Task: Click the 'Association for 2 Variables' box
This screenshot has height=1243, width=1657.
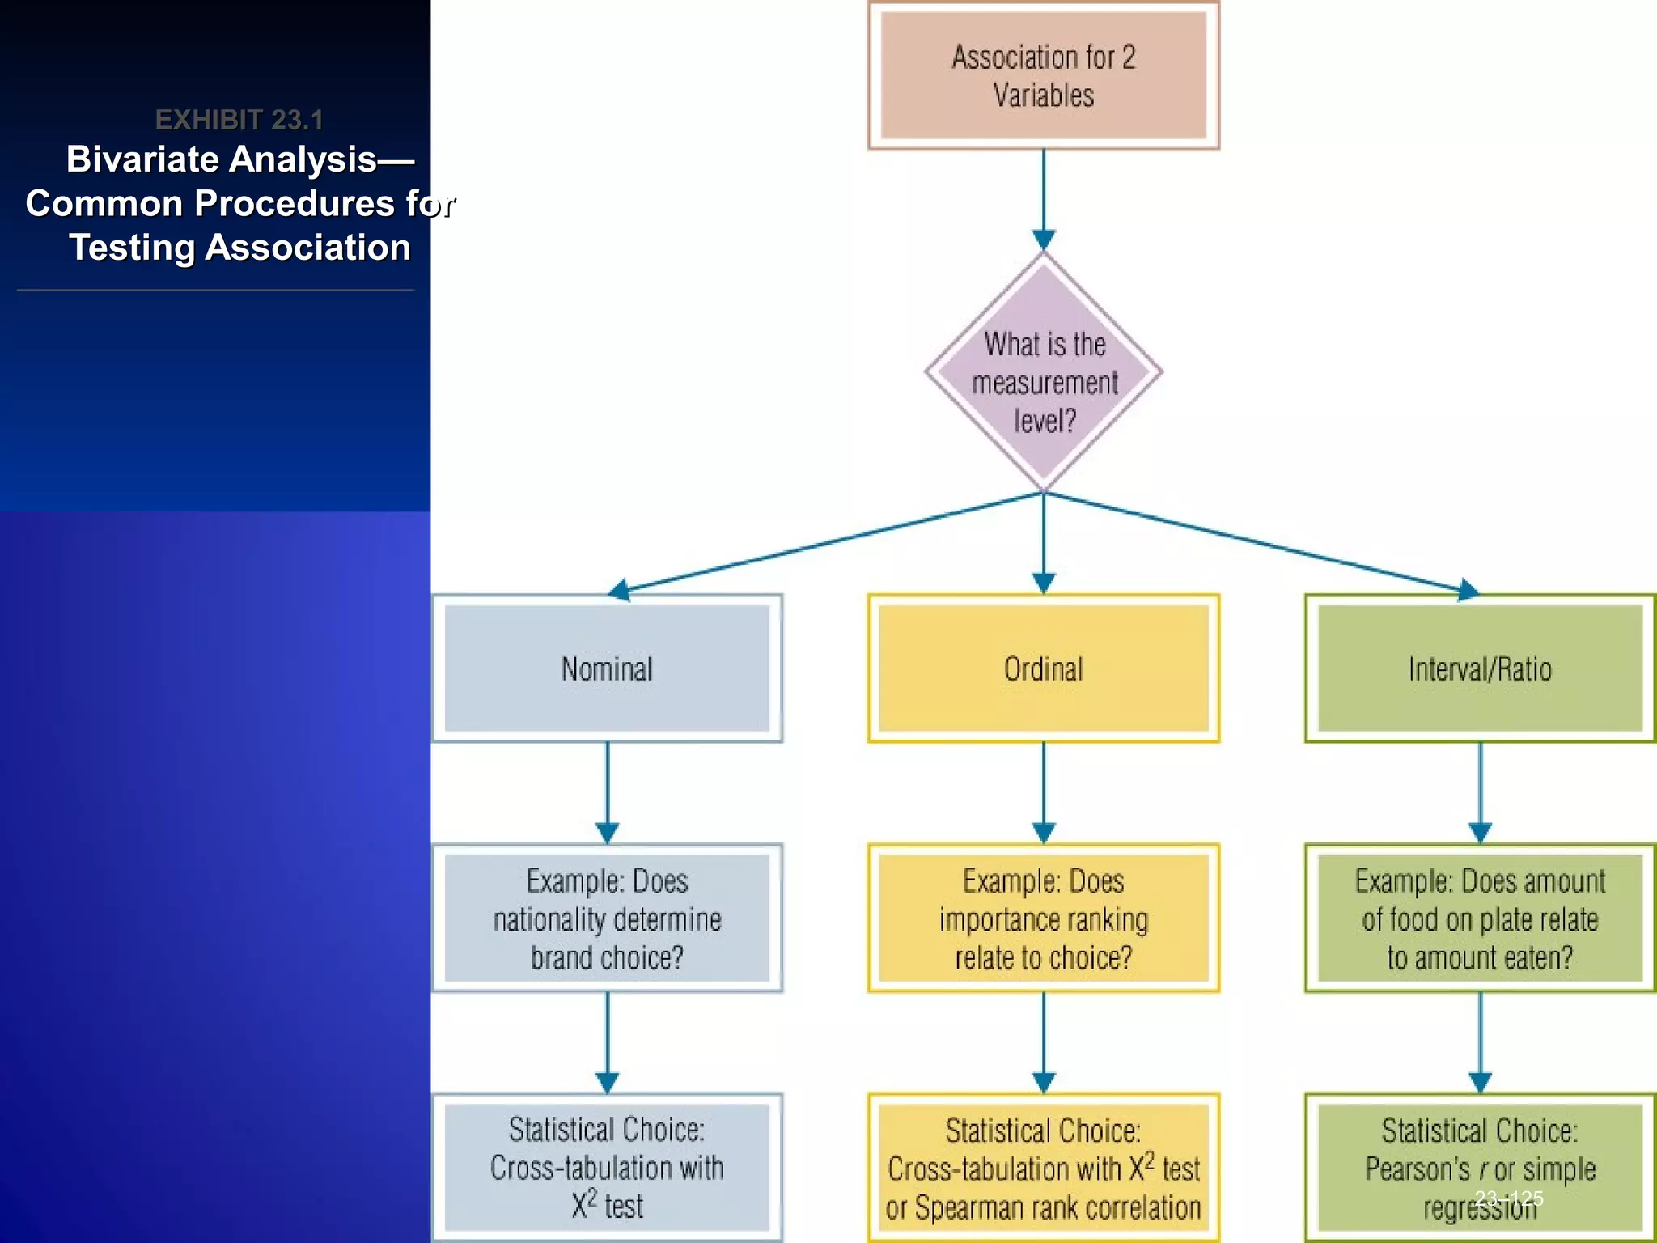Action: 1043,75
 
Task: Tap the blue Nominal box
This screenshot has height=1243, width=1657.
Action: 607,668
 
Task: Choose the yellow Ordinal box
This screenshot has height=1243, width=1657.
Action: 1043,668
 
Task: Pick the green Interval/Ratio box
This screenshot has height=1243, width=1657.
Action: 1479,668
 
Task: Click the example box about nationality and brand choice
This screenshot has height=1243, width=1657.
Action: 607,918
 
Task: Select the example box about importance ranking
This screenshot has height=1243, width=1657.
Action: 1043,918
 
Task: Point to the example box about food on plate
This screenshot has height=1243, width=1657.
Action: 1479,918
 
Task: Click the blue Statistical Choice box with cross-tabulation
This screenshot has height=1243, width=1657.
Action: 607,1167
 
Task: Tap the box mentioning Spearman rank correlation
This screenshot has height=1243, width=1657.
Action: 1043,1169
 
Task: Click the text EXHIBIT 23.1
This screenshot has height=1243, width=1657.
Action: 239,120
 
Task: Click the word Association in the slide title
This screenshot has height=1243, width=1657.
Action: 307,248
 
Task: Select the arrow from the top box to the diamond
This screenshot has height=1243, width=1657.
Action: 1044,198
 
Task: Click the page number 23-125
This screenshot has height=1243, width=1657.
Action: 1508,1198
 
